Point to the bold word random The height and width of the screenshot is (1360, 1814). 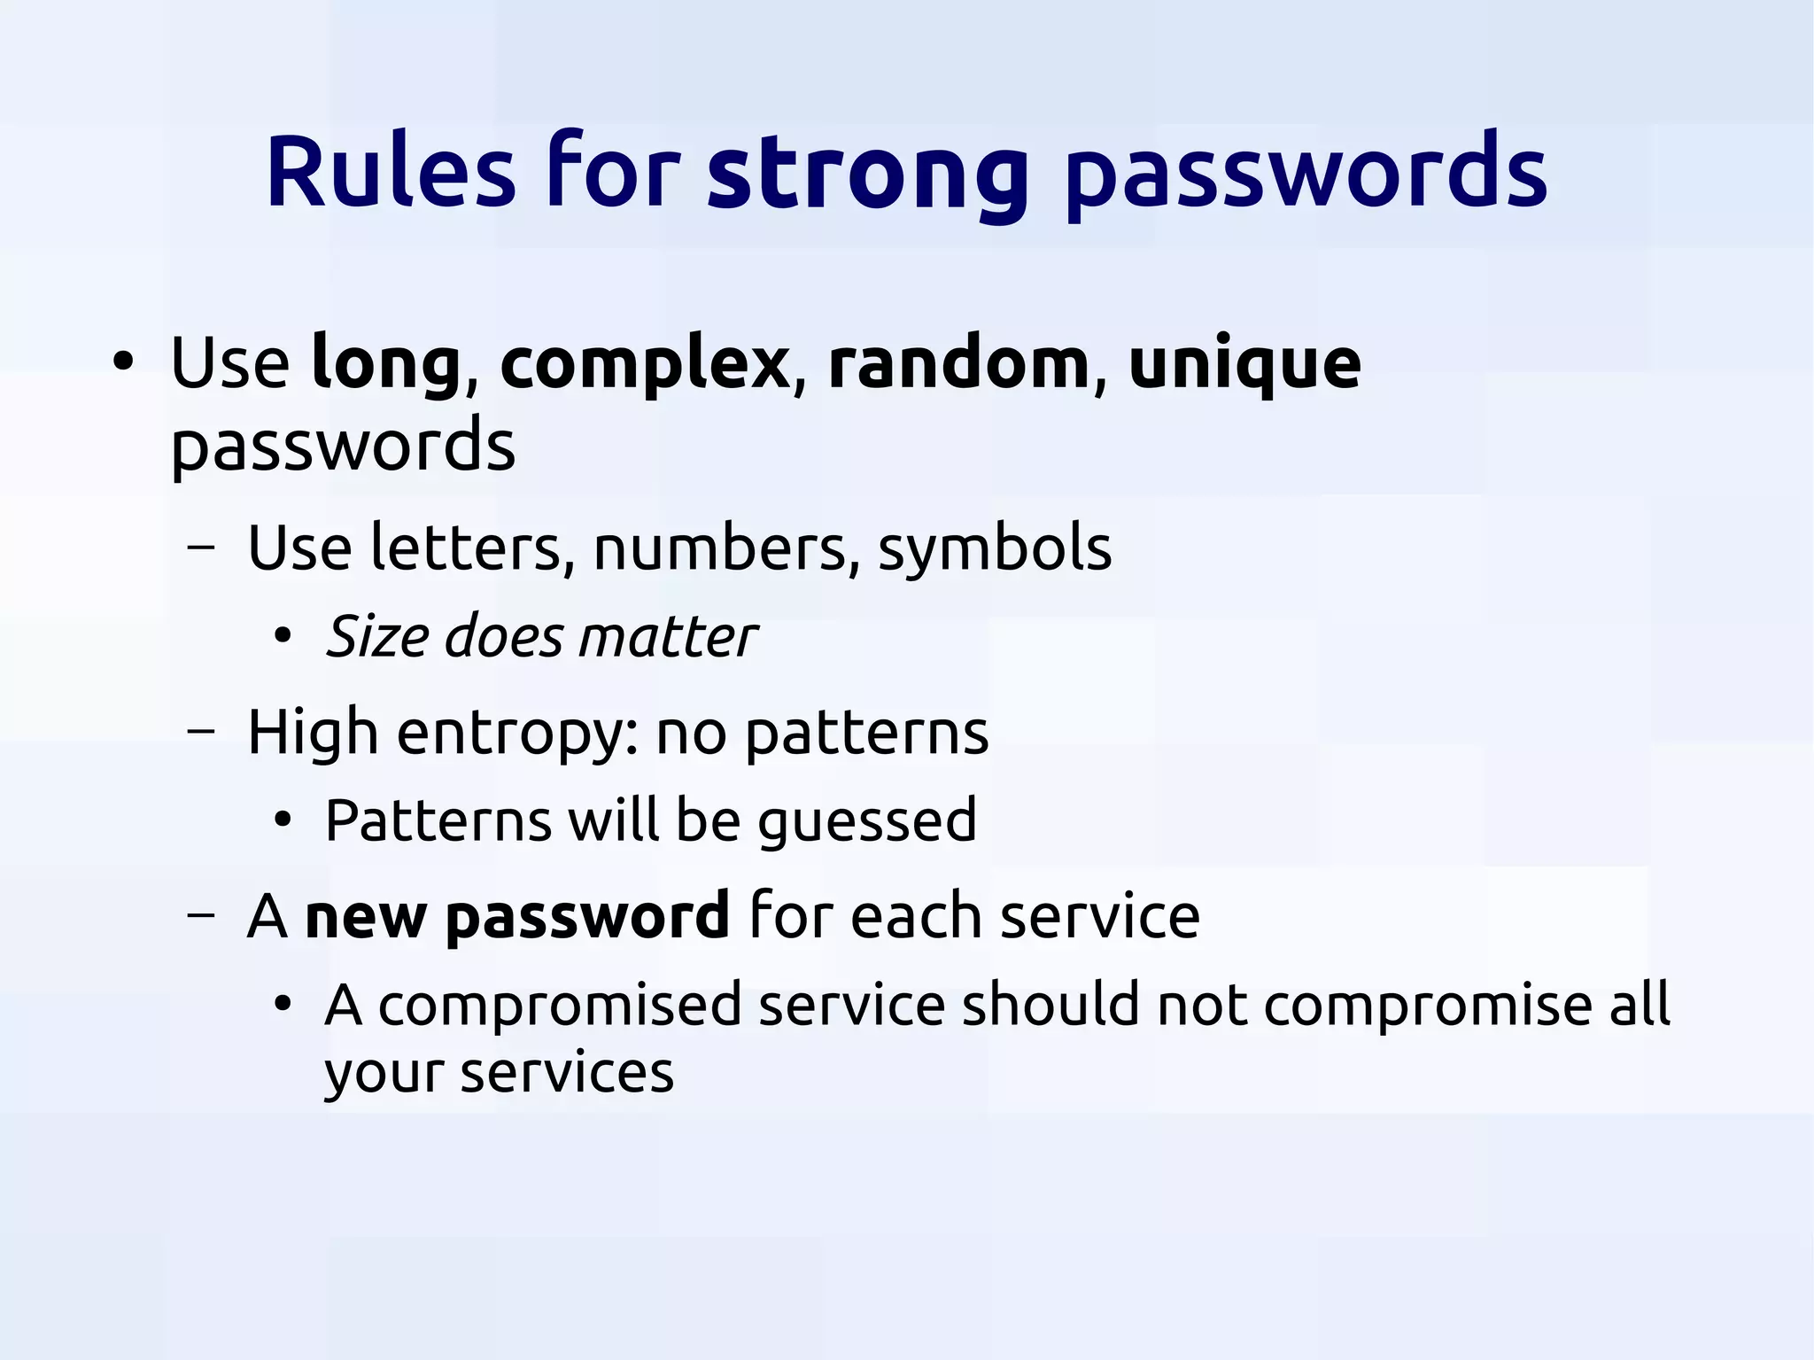click(958, 363)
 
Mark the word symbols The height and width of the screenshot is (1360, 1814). click(994, 549)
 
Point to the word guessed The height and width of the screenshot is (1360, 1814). click(867, 822)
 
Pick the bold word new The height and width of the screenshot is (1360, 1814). click(366, 916)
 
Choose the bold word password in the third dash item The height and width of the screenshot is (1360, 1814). click(587, 918)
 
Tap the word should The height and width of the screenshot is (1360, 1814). click(1050, 1005)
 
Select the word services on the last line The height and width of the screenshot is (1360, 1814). click(567, 1072)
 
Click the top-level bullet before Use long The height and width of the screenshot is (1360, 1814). click(123, 362)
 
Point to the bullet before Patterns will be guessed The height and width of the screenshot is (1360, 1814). click(283, 820)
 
